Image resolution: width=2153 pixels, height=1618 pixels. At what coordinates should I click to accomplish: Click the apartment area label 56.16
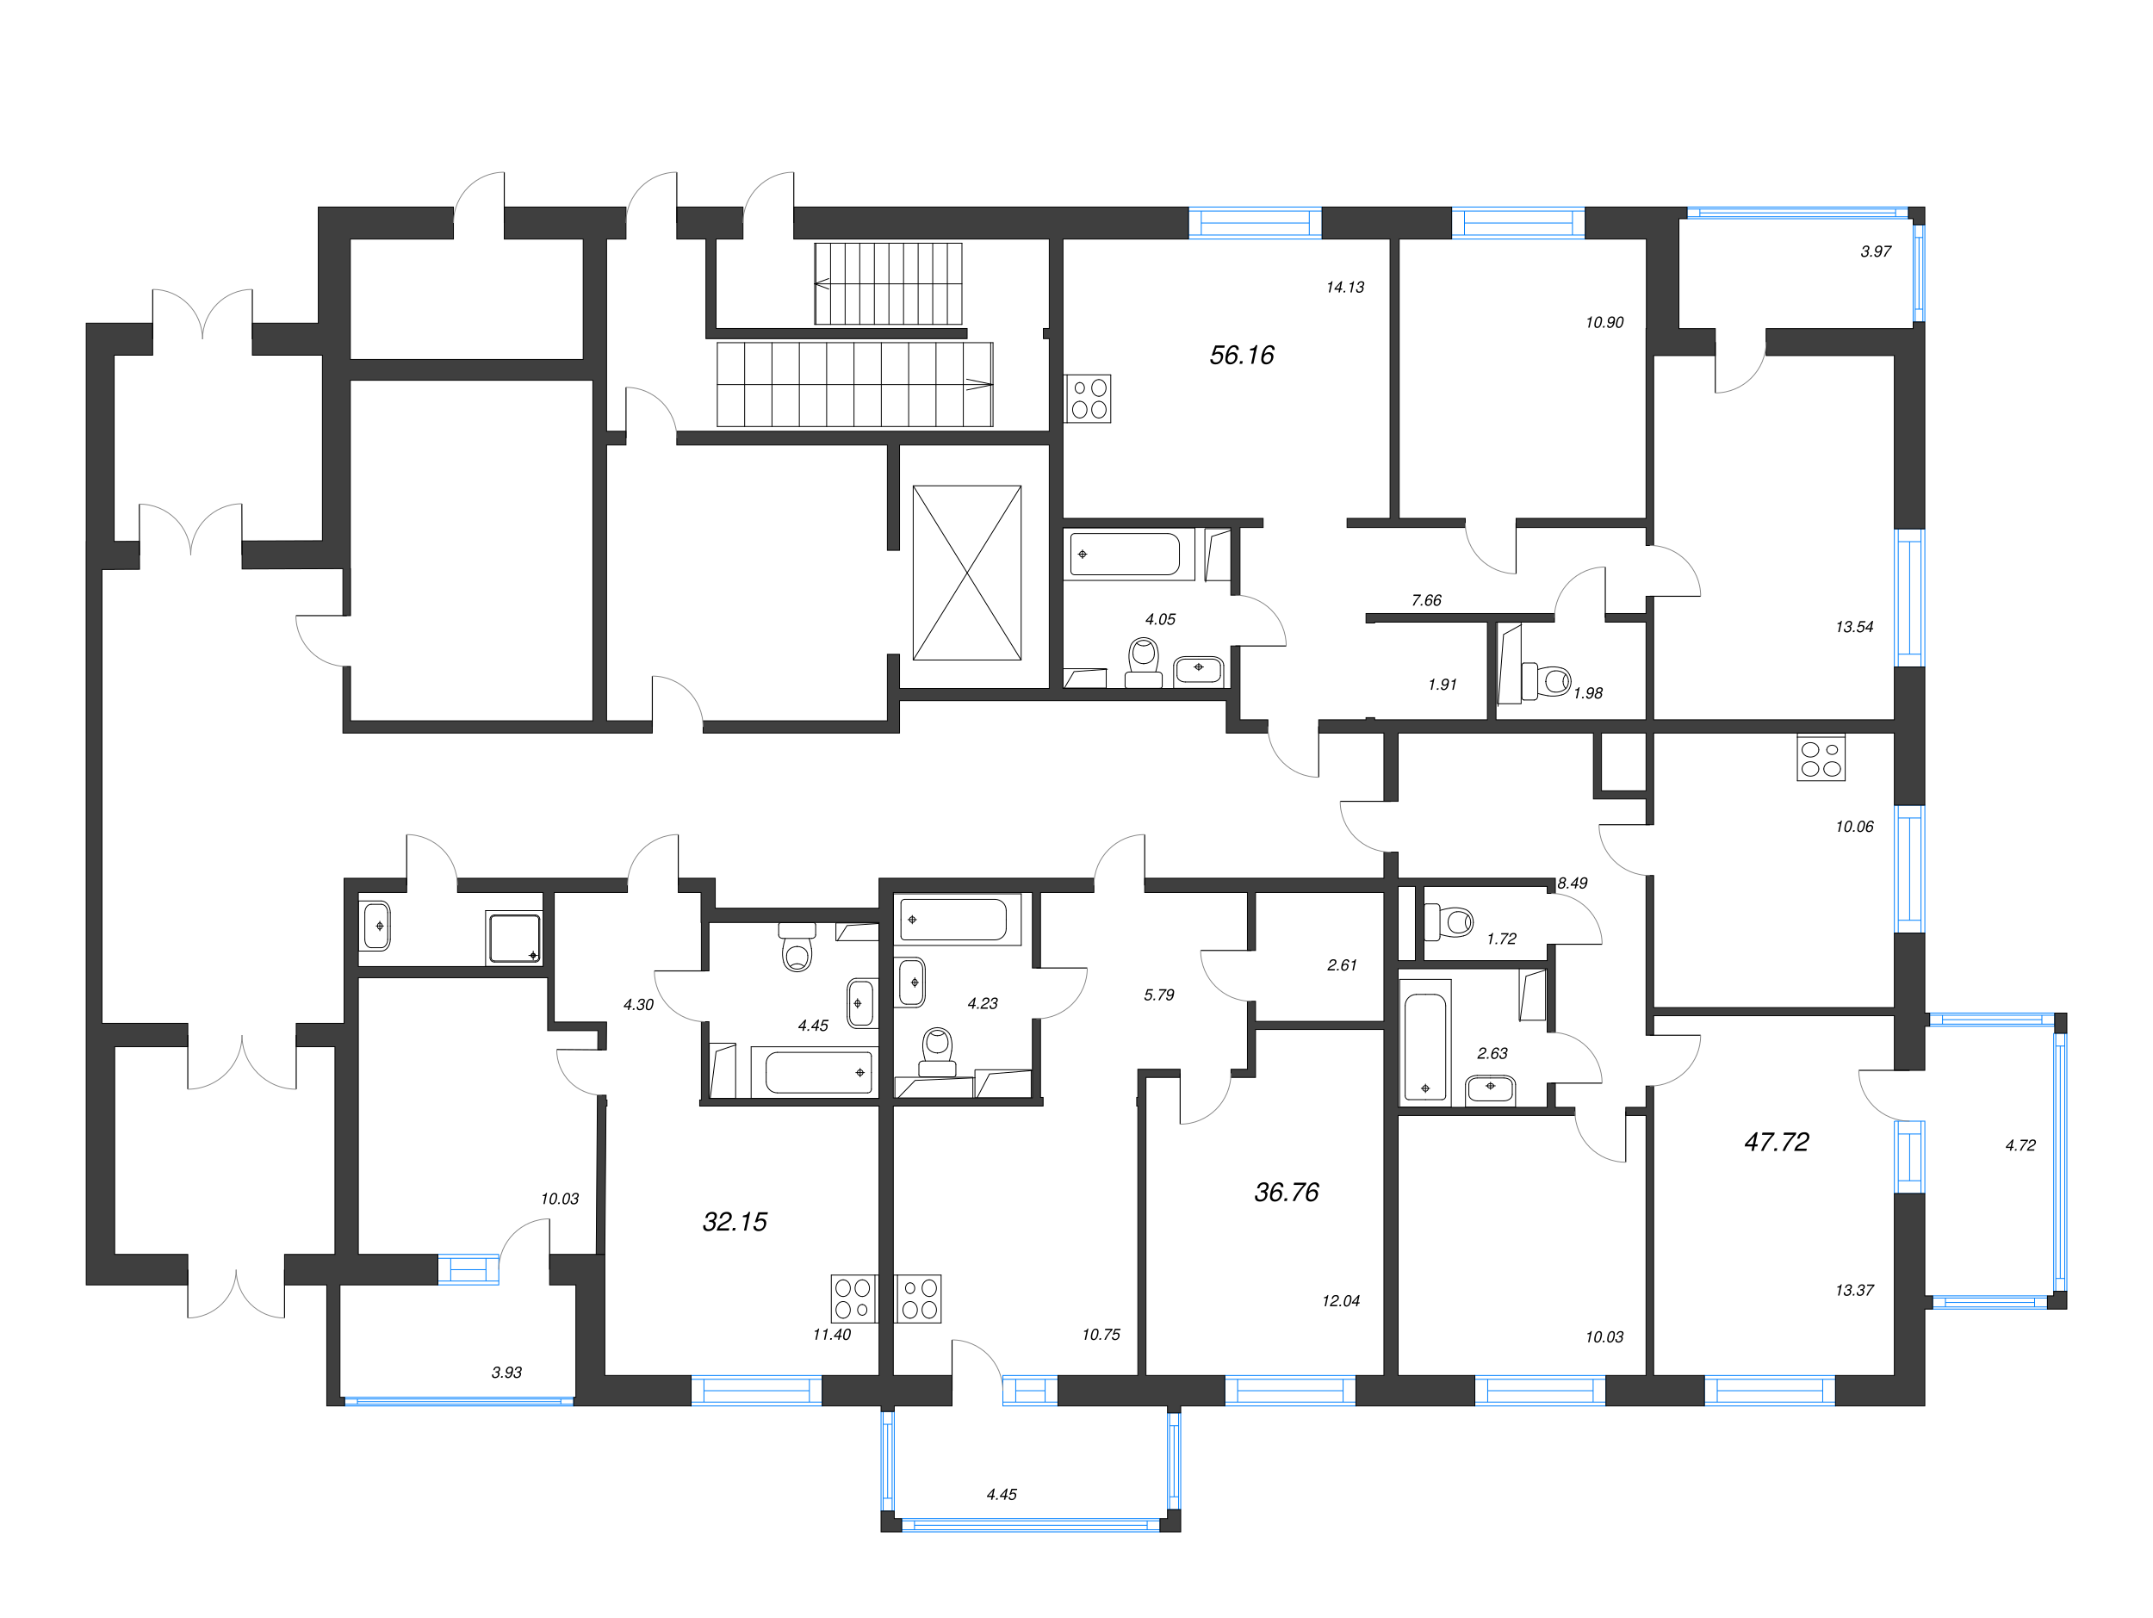coord(1241,355)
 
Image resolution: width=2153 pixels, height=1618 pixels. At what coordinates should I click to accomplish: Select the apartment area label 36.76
coord(1286,1192)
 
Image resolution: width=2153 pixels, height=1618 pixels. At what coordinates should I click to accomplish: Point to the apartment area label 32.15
coord(735,1222)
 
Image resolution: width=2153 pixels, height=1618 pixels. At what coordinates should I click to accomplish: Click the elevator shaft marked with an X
coord(966,573)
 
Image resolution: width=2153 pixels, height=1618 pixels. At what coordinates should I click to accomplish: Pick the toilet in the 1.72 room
coord(1449,921)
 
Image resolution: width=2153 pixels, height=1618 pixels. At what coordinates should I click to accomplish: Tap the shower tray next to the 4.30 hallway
coord(514,938)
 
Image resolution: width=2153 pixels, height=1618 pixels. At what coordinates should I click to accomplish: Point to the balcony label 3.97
coord(1875,251)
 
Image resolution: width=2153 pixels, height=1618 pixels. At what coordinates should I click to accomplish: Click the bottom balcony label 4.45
coord(1001,1495)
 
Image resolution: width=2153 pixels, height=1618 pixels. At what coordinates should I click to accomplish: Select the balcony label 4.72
coord(2020,1145)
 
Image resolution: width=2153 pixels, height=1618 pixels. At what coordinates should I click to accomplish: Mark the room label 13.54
coord(1853,627)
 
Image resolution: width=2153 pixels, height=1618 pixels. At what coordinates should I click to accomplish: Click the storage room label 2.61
coord(1341,965)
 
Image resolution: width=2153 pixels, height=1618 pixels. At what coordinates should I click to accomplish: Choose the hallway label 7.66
coord(1426,600)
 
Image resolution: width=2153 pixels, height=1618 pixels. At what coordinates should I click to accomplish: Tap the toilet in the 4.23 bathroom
coord(937,1051)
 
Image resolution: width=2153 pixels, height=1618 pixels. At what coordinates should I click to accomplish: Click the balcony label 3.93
coord(506,1373)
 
